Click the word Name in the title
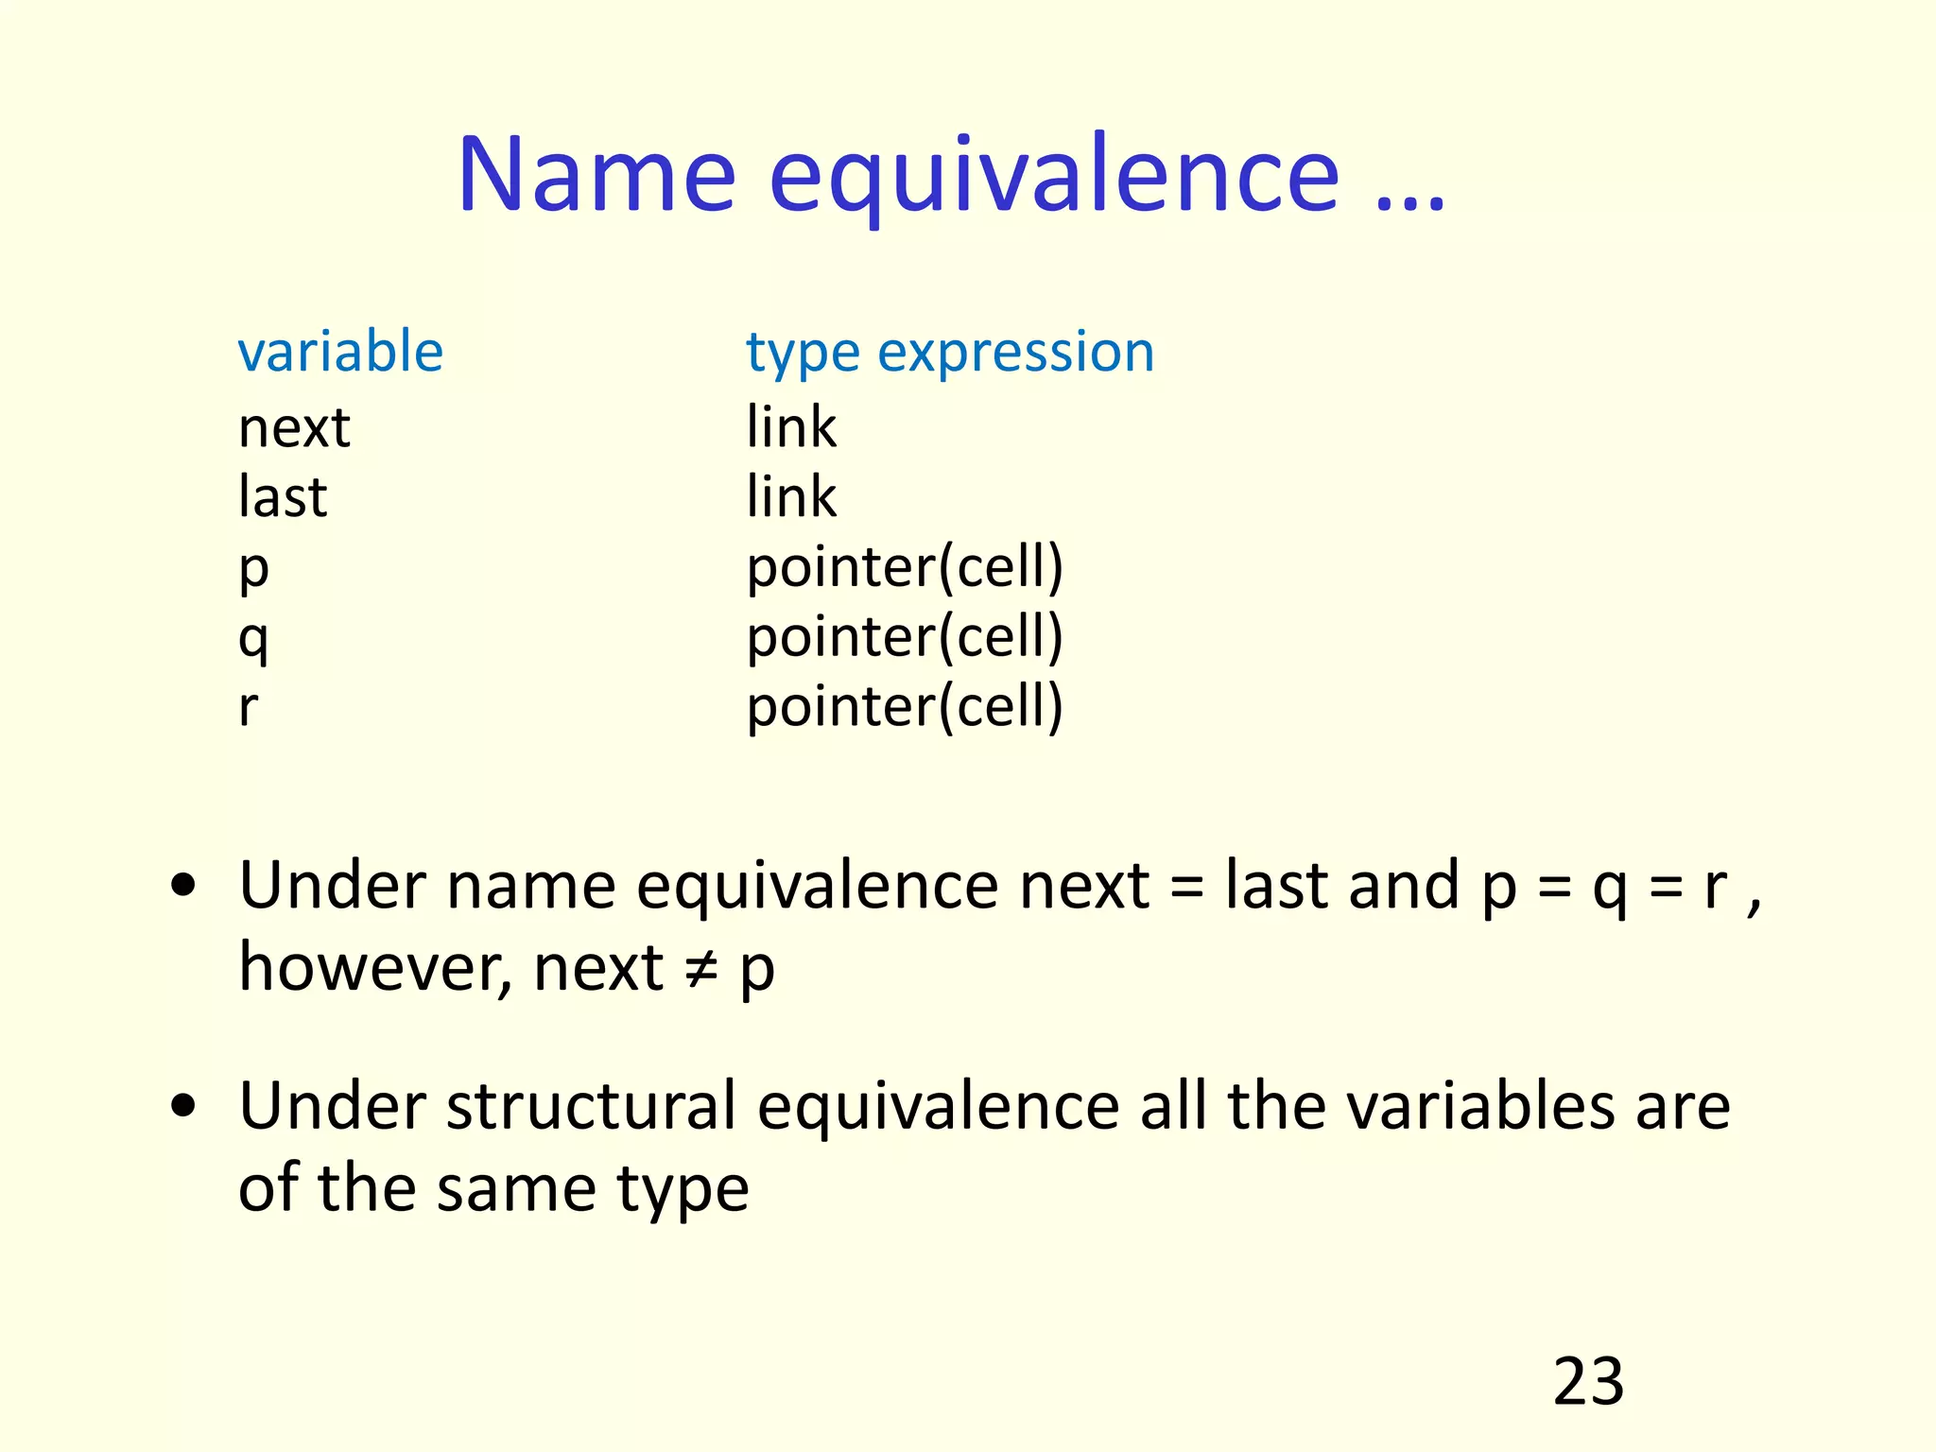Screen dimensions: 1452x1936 tap(596, 175)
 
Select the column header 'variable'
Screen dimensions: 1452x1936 tap(340, 352)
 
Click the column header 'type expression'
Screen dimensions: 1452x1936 tap(950, 354)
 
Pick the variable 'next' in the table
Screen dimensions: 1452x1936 tap(294, 428)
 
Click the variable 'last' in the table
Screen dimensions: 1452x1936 tap(283, 497)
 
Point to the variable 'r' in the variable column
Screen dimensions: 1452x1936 tap(248, 707)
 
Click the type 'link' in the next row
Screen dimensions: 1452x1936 tap(791, 427)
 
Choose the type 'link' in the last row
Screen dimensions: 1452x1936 tap(791, 497)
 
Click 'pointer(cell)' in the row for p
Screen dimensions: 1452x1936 tap(905, 568)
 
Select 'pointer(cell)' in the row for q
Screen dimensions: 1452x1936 tap(905, 638)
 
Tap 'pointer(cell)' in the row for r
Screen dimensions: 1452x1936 tap(905, 708)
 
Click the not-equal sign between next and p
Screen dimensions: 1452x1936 tap(701, 970)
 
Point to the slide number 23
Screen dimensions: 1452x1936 tap(1588, 1382)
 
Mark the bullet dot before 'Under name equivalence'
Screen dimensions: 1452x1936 tap(183, 886)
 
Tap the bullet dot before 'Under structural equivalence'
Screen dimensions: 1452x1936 tap(183, 1106)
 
